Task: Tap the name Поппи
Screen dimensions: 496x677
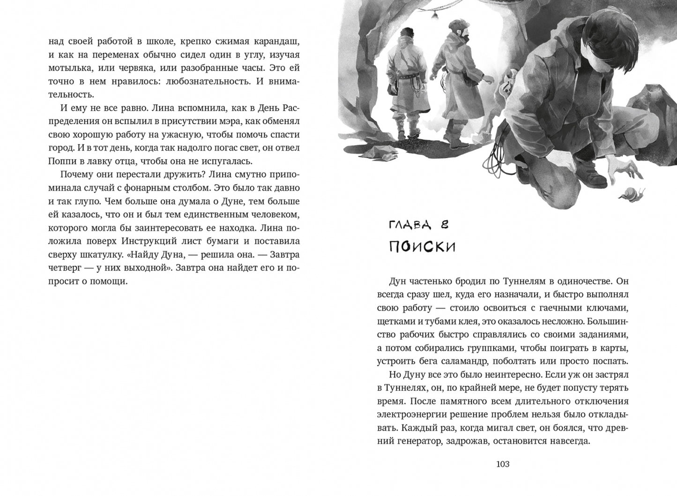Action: (x=61, y=161)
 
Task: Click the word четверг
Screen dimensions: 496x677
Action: (x=67, y=268)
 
